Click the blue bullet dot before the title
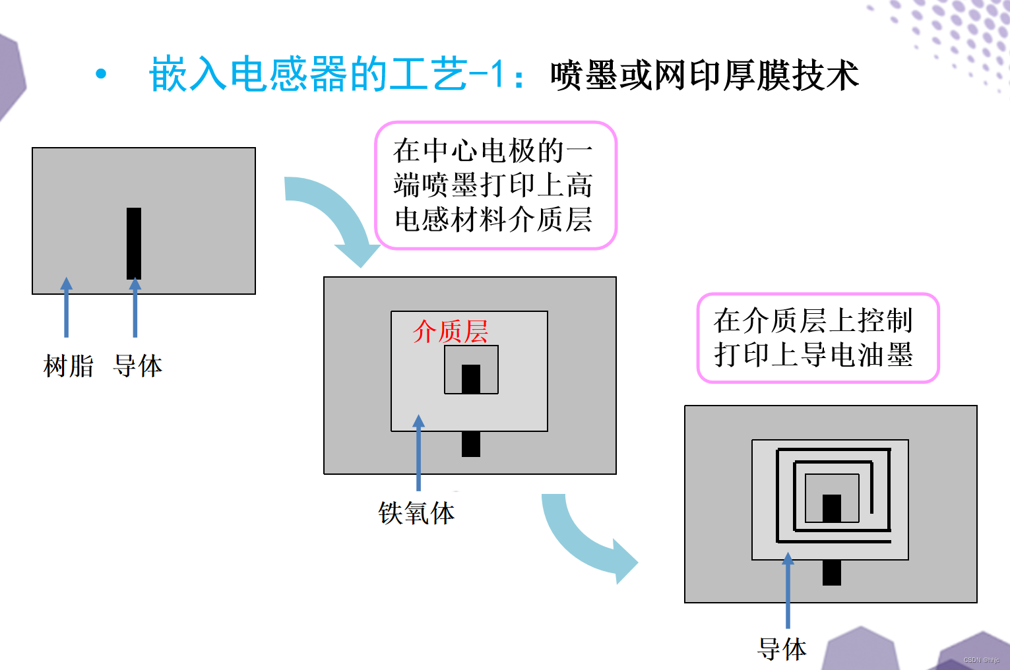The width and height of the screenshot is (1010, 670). coord(101,73)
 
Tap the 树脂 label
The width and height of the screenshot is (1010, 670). coord(69,366)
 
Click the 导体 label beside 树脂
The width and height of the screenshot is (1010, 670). coord(138,366)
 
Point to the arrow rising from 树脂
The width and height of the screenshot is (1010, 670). coord(66,307)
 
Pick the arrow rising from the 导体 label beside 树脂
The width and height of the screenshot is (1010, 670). coord(135,307)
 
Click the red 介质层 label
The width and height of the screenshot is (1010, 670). coord(450,332)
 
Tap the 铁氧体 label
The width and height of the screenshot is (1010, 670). coord(416,513)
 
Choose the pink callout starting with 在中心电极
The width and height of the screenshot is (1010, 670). coord(495,185)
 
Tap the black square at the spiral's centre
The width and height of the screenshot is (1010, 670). coord(832,508)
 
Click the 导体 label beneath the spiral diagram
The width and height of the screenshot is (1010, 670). coord(782,650)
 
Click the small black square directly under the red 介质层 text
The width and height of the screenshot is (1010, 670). coord(470,379)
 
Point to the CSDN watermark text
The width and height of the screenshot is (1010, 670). coord(981,660)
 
